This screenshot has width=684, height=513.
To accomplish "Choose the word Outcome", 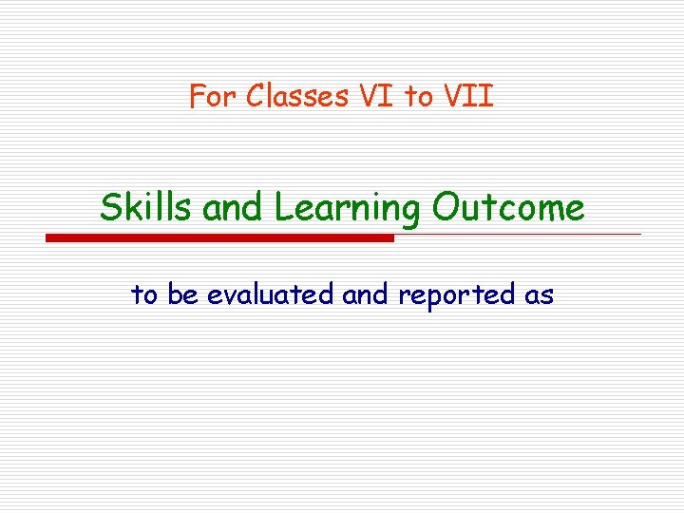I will click(507, 207).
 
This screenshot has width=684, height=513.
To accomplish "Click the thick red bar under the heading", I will click(219, 237).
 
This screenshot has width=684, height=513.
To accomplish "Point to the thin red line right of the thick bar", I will click(518, 234).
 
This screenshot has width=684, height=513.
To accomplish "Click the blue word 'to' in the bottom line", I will click(144, 295).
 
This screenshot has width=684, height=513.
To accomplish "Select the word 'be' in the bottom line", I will click(183, 295).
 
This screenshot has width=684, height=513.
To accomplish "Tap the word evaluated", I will click(271, 295).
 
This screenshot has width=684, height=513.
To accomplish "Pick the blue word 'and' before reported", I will click(366, 295).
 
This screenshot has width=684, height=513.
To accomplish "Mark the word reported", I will click(457, 296).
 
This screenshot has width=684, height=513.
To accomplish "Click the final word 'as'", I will click(539, 296).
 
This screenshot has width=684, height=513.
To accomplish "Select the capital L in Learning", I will click(282, 207).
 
